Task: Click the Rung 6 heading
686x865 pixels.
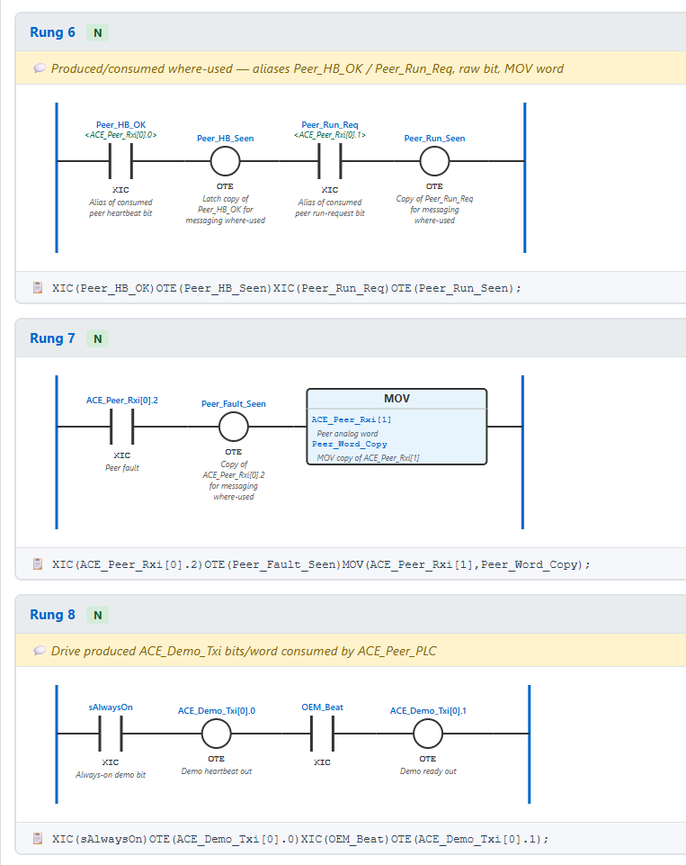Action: point(52,32)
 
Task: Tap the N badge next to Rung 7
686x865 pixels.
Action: point(97,338)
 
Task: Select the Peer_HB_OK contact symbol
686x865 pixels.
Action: point(120,161)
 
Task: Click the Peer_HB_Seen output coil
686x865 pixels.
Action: point(226,161)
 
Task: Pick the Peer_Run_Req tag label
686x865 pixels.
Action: point(329,125)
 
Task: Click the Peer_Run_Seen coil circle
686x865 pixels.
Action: point(435,161)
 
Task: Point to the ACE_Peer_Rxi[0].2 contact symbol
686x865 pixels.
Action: point(121,427)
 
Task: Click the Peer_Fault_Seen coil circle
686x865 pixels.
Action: point(234,427)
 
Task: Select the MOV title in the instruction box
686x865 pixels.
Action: point(396,399)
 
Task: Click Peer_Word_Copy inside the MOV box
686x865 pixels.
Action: point(350,444)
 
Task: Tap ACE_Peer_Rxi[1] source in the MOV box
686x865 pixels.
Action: point(352,419)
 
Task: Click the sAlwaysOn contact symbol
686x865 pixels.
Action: point(111,734)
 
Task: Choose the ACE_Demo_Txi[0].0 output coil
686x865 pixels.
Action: point(216,734)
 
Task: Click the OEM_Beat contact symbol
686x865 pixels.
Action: point(323,734)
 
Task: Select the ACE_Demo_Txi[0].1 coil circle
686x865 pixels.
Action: point(428,734)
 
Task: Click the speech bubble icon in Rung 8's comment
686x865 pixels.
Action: point(40,651)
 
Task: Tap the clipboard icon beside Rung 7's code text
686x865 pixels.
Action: point(38,563)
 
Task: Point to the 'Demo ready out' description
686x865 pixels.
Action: point(428,771)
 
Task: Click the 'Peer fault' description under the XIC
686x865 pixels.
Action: point(121,468)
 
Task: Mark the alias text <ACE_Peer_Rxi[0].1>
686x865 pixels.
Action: point(329,135)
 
